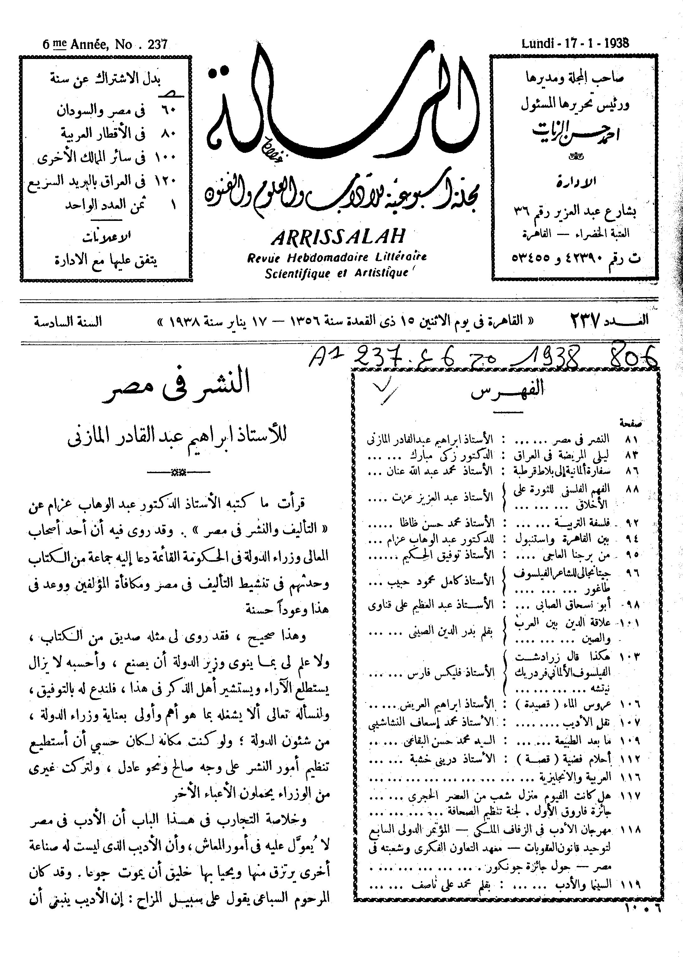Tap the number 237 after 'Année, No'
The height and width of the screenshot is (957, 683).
[x=158, y=44]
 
